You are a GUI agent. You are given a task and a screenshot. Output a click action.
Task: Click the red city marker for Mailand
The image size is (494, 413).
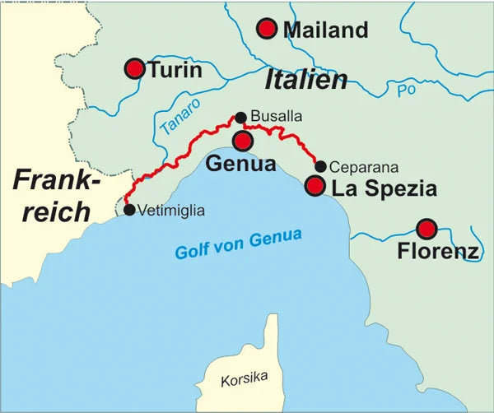click(x=266, y=29)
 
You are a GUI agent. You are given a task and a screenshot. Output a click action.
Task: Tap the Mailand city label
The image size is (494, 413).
click(x=325, y=30)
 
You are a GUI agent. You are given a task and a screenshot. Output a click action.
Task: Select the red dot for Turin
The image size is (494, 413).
click(x=134, y=68)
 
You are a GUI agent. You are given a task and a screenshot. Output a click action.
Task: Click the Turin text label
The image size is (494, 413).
click(x=175, y=70)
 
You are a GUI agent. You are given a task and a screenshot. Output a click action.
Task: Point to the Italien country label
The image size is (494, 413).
click(x=305, y=80)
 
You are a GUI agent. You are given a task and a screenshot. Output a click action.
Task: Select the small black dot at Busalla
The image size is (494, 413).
click(x=240, y=118)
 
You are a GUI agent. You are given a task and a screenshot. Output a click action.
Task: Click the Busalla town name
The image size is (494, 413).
click(x=276, y=118)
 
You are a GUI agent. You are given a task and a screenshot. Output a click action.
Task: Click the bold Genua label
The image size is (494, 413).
click(x=240, y=163)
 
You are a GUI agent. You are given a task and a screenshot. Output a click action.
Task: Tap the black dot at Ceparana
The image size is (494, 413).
click(x=320, y=166)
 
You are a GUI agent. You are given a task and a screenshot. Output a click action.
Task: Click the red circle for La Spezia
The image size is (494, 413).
click(x=315, y=186)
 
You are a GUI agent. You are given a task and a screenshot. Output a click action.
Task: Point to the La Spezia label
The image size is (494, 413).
click(x=383, y=188)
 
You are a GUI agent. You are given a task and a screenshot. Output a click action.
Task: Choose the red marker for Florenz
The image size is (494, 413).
click(x=426, y=228)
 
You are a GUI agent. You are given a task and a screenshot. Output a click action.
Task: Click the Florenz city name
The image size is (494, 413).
click(x=437, y=251)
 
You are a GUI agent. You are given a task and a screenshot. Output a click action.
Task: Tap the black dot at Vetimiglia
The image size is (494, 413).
click(x=129, y=210)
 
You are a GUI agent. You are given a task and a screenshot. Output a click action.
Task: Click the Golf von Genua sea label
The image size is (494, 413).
click(x=238, y=244)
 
